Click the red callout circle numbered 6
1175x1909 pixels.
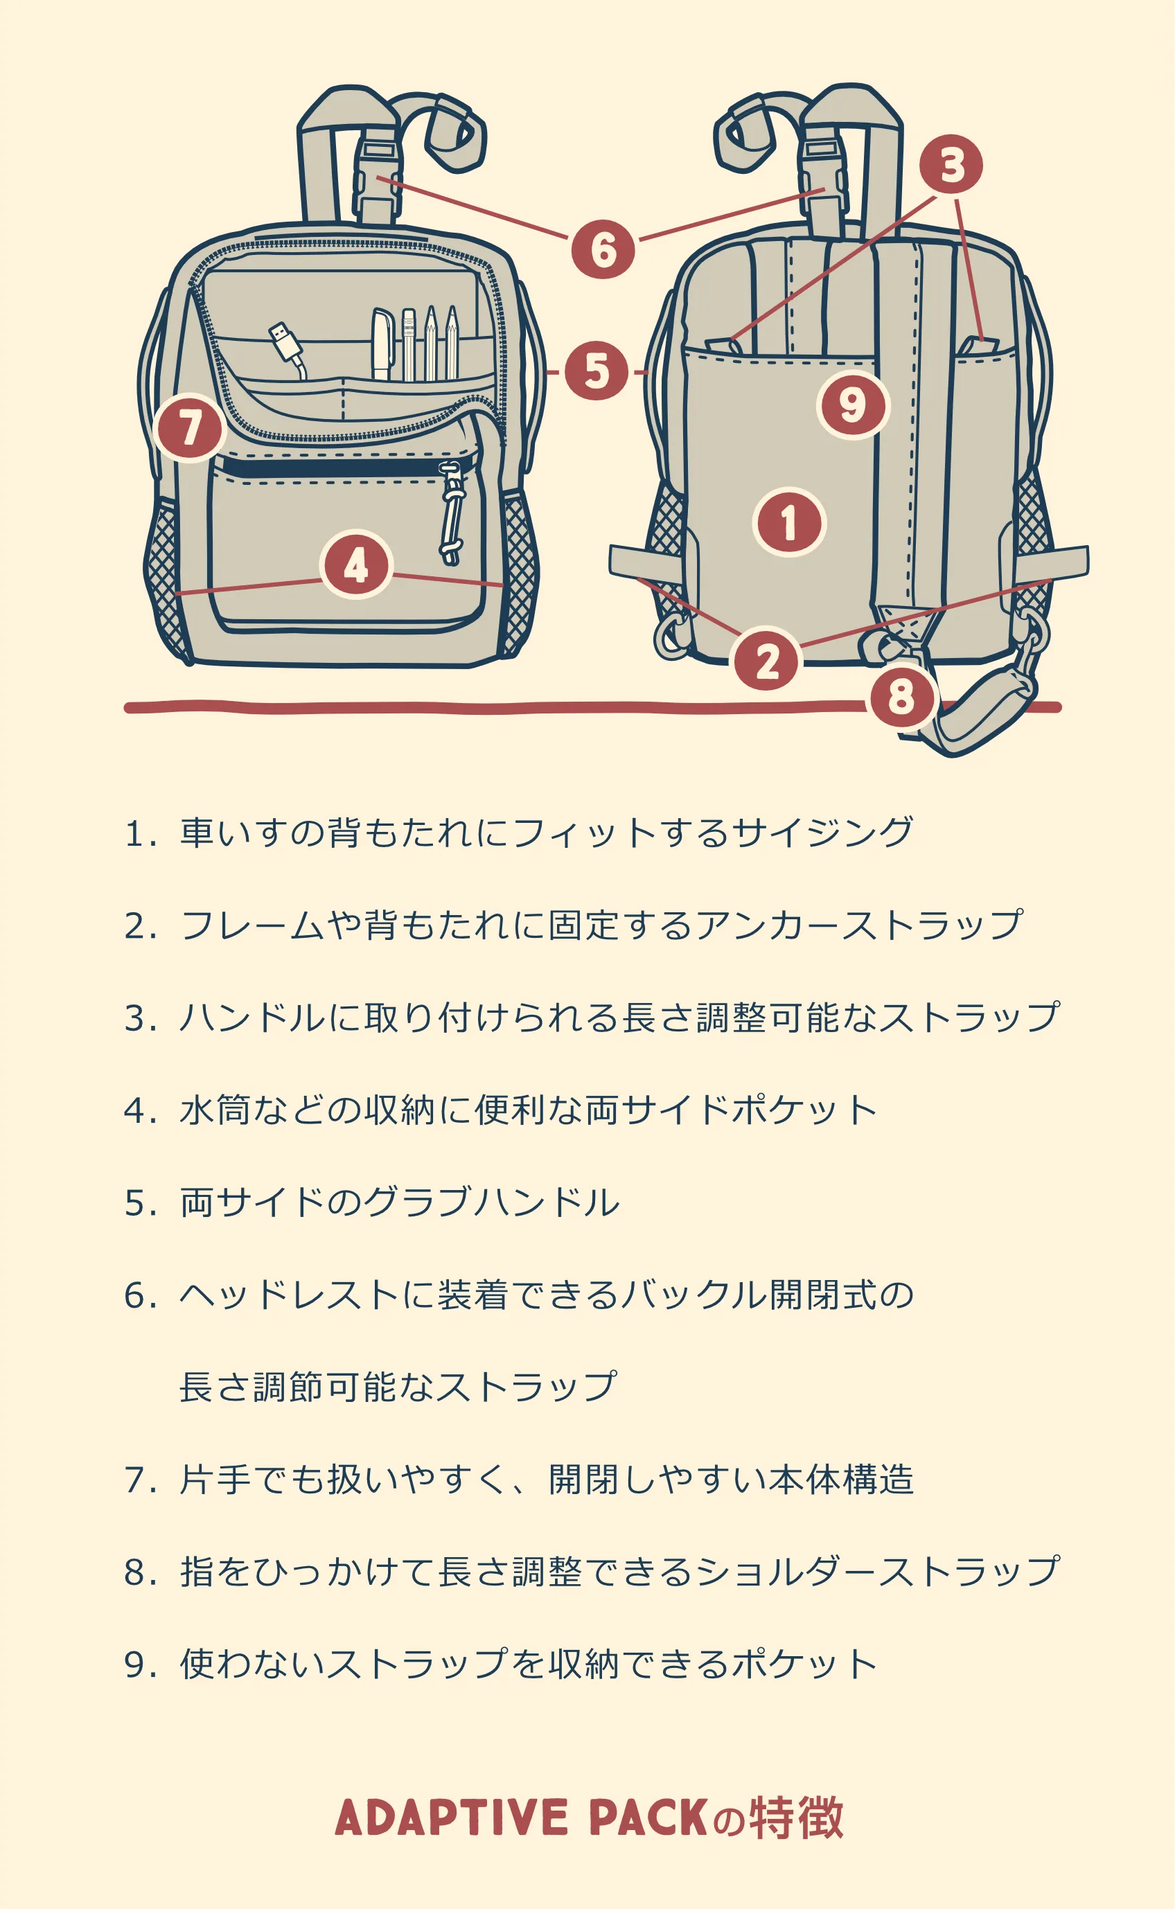tap(603, 249)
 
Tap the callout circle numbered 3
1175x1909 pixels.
tap(951, 165)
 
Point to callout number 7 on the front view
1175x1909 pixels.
tap(190, 427)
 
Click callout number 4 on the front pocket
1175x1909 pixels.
tap(356, 565)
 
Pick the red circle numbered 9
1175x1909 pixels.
tap(852, 405)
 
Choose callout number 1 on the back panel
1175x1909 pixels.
tap(789, 522)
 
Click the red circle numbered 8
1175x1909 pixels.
tap(901, 696)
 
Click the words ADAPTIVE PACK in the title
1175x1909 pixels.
tap(521, 1818)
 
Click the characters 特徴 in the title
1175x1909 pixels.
tap(797, 1818)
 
